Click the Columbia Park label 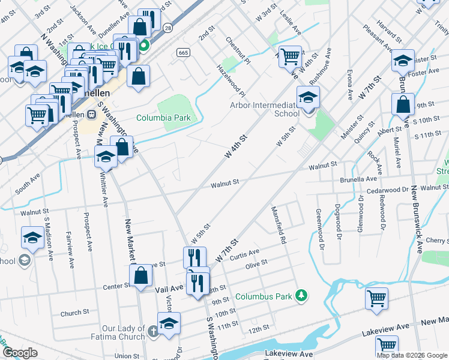(x=163, y=118)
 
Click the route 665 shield (x=184, y=53)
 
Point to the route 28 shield (x=167, y=28)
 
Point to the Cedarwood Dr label (x=387, y=190)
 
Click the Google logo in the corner (x=20, y=353)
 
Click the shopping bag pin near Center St (x=140, y=277)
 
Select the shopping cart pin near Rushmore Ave (x=290, y=58)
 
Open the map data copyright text (x=412, y=355)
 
